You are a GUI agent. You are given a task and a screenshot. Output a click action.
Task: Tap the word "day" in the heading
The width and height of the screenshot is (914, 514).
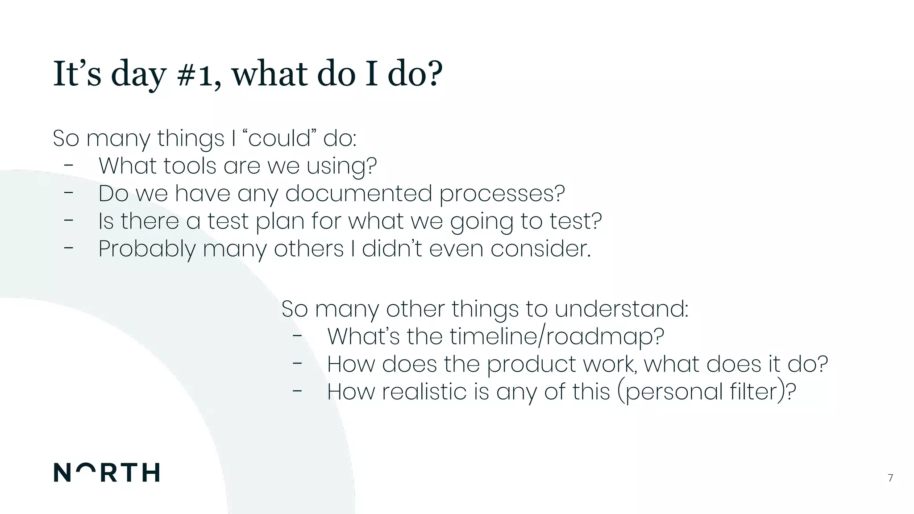coord(138,75)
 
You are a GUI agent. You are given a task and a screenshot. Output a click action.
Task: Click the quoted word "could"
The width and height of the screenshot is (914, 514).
coord(279,138)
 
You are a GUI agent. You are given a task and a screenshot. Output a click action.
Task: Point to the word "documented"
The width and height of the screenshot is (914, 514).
coord(359,194)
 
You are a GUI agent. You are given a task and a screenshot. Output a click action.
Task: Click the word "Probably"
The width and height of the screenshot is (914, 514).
coord(147,249)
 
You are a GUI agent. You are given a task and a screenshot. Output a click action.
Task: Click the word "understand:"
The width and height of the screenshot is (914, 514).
coord(621,309)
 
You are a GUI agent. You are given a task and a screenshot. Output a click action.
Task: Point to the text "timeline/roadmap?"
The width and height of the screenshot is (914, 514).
coord(557,336)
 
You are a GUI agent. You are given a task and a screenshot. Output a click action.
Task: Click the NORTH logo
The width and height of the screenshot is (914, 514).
coord(107,473)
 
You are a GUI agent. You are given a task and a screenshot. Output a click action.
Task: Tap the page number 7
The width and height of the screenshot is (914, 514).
coord(890,478)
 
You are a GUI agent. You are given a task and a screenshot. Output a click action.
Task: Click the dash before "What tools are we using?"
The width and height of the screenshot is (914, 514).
coord(68,166)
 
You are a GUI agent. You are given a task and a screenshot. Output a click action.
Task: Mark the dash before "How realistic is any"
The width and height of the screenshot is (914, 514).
coord(297,391)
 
